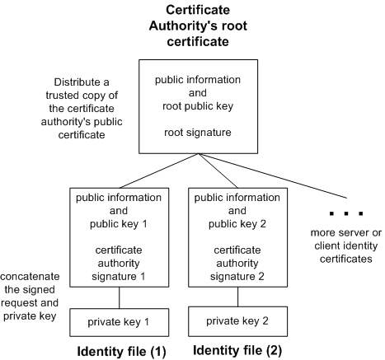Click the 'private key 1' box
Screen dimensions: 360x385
coord(120,320)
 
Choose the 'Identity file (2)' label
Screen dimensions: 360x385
coord(235,351)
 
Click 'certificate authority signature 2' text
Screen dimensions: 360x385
coord(235,264)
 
